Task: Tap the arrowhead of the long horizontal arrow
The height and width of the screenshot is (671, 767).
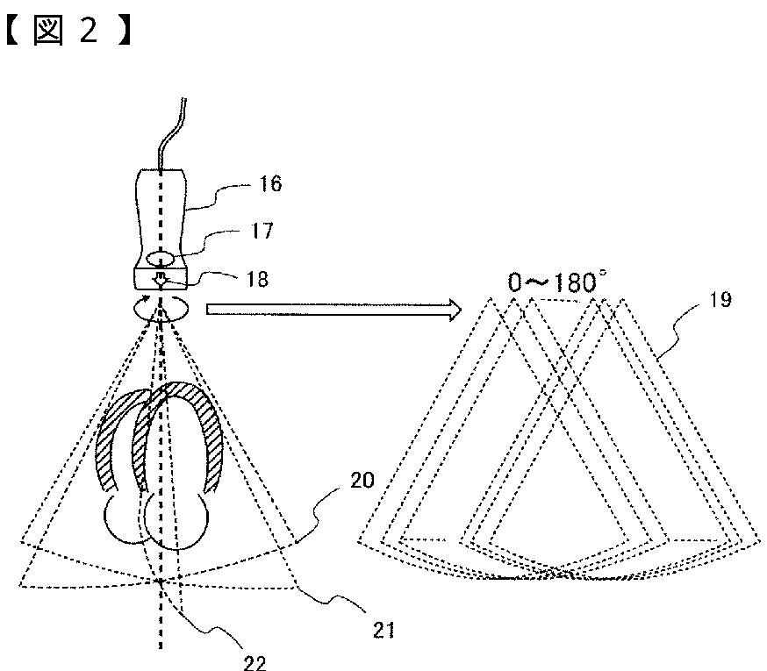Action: click(x=451, y=309)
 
